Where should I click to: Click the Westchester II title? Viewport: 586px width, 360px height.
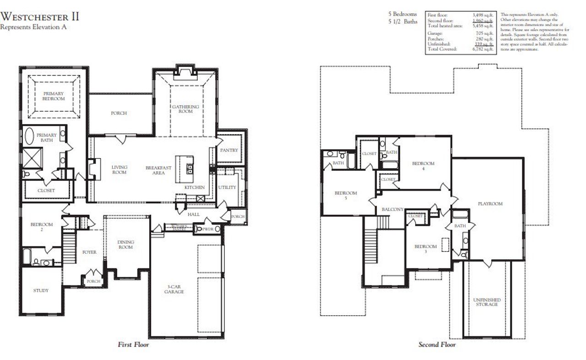(40, 16)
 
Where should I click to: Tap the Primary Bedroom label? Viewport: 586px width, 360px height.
(54, 96)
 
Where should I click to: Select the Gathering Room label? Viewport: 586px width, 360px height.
(185, 109)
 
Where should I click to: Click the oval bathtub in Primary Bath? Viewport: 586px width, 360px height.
(28, 137)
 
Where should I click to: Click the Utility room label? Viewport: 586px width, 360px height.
(227, 187)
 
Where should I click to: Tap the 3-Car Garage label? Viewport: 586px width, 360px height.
(174, 289)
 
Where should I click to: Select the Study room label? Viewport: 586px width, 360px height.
(41, 290)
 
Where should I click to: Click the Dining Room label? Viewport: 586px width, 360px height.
(125, 245)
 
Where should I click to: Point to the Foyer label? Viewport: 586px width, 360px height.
(89, 252)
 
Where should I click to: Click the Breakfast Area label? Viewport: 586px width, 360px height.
(158, 170)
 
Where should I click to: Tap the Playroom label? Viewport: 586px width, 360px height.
(490, 204)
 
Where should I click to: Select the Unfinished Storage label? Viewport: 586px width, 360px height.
(487, 302)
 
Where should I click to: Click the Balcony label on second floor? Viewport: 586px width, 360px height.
(392, 209)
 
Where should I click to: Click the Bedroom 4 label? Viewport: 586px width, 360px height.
(423, 166)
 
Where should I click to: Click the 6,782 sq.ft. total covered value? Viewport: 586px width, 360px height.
(483, 49)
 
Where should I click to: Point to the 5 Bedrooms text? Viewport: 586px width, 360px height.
(402, 14)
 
